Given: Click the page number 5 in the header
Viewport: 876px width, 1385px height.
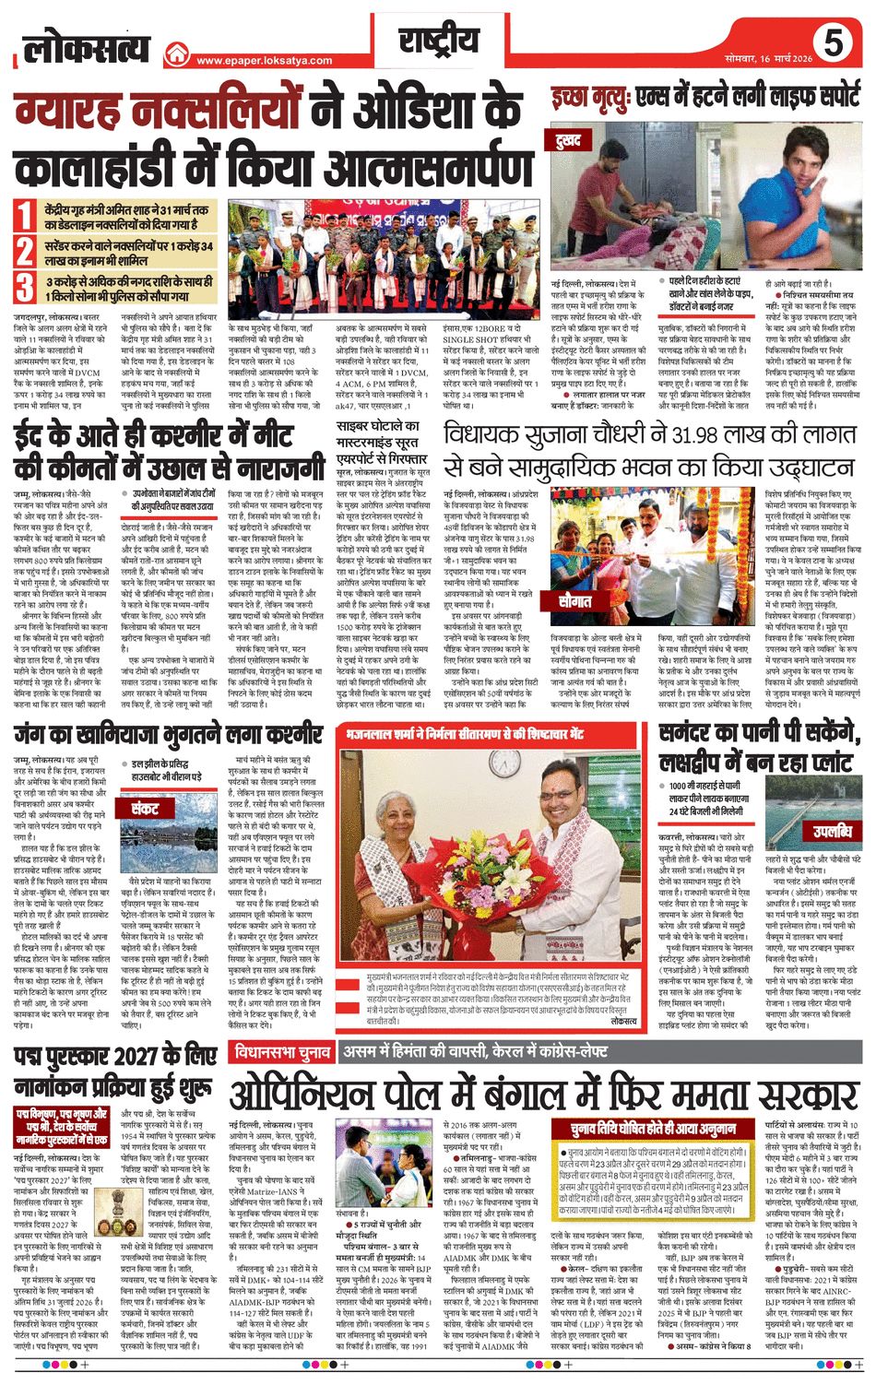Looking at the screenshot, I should pyautogui.click(x=833, y=43).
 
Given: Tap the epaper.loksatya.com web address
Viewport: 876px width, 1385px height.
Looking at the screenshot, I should pyautogui.click(x=277, y=61).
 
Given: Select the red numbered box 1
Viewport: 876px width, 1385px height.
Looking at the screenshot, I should pyautogui.click(x=25, y=217).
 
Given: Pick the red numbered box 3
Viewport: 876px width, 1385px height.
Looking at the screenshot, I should pyautogui.click(x=25, y=287).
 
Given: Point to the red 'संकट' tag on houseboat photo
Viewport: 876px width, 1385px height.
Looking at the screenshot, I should pyautogui.click(x=145, y=811).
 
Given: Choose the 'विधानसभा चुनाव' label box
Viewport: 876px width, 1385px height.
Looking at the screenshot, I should pyautogui.click(x=278, y=1051).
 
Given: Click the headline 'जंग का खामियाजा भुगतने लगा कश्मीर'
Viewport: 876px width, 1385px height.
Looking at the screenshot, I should pyautogui.click(x=168, y=736).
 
